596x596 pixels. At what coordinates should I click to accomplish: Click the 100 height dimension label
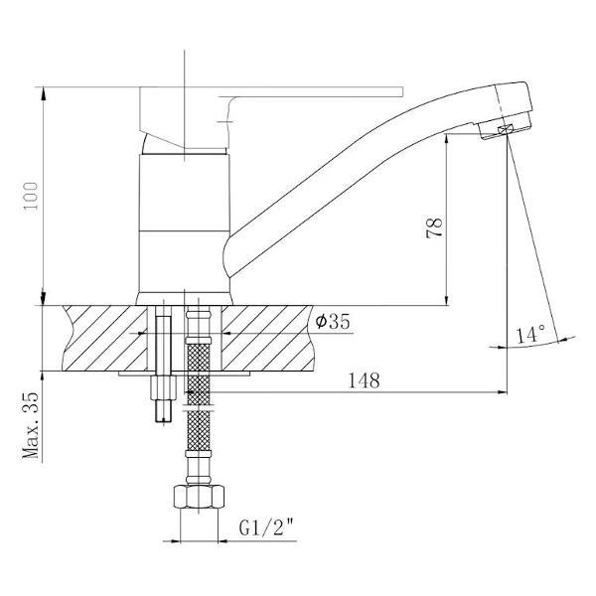(x=31, y=196)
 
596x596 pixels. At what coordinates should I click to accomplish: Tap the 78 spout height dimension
(x=434, y=227)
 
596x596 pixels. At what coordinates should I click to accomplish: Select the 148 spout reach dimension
(x=365, y=380)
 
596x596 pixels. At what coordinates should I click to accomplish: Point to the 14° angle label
(x=530, y=334)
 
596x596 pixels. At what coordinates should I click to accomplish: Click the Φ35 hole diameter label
(x=333, y=322)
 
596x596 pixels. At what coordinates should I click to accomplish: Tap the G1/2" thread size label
(x=267, y=527)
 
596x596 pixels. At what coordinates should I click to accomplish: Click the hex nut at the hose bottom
(x=199, y=497)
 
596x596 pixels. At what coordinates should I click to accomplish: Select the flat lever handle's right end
(x=402, y=91)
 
